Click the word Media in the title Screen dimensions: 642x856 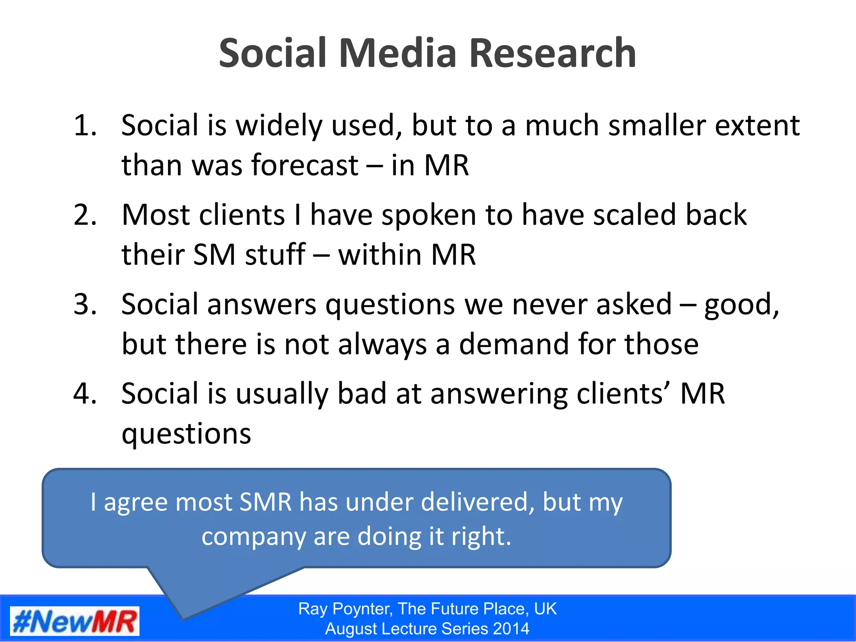397,53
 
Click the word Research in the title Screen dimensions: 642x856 553,53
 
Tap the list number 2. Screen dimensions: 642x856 85,215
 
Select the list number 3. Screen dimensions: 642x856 85,304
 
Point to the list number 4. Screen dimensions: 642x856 85,394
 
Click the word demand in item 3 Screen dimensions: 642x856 514,344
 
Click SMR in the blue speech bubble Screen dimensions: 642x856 265,502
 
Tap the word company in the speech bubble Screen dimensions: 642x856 253,537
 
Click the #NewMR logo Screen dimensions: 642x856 75,622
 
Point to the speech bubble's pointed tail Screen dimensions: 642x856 184,614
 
